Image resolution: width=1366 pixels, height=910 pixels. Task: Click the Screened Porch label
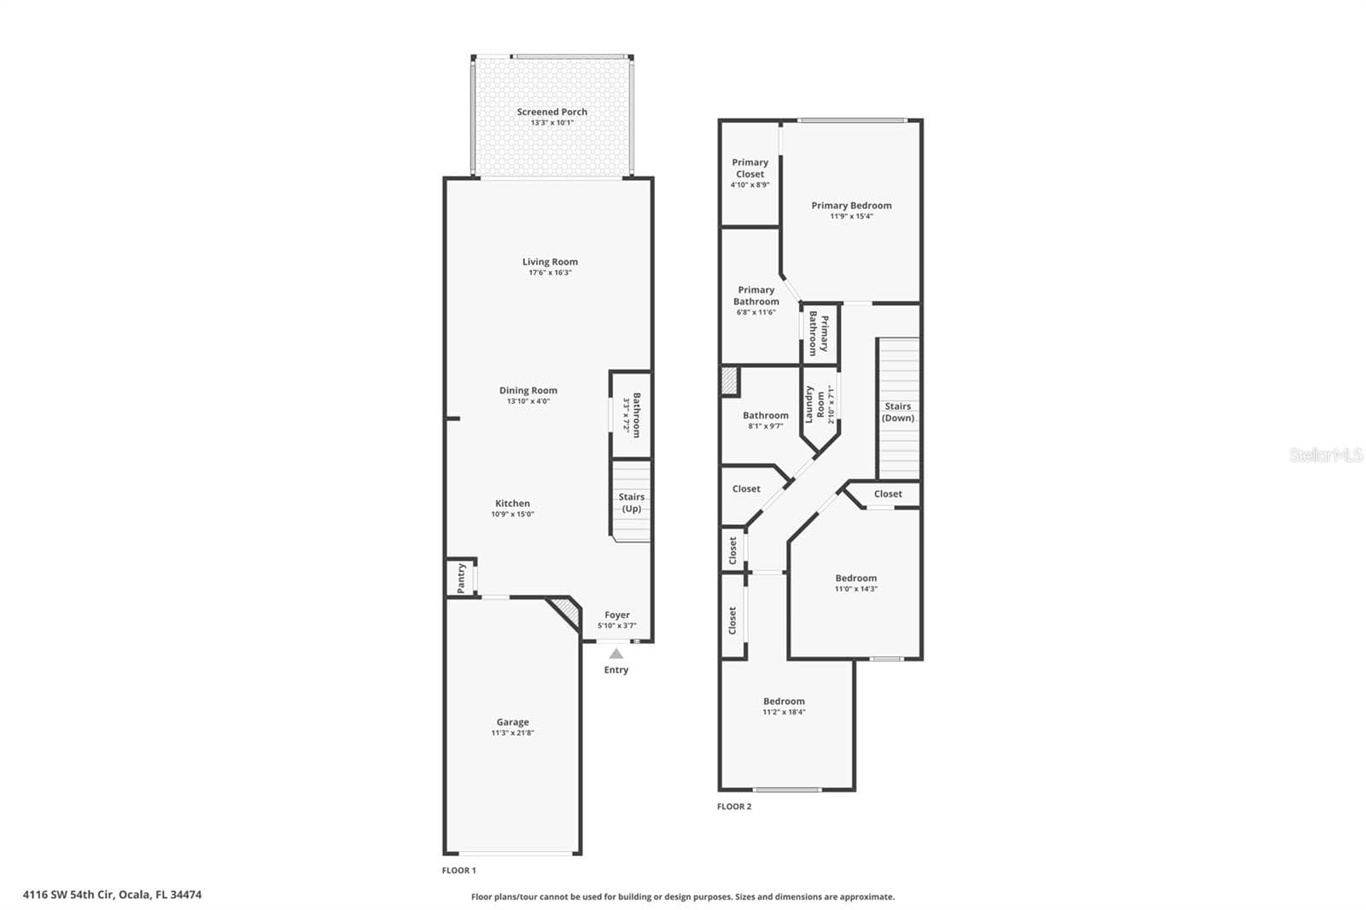(x=552, y=112)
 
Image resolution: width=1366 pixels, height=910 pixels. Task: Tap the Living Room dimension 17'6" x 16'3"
(x=550, y=272)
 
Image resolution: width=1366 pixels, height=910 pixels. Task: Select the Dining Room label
(x=528, y=390)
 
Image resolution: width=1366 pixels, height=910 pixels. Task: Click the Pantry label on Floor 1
(x=461, y=578)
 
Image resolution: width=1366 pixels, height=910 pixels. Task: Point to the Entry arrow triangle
(x=616, y=654)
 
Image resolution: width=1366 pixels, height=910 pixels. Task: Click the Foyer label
(x=617, y=615)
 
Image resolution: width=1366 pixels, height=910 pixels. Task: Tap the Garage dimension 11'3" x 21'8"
(x=513, y=733)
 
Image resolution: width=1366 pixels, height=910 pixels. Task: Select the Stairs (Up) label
(x=631, y=503)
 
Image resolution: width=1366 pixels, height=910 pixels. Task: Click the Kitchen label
(x=512, y=503)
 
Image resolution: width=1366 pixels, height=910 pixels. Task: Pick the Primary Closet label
(x=750, y=167)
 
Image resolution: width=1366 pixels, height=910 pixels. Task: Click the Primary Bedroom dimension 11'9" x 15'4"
(x=851, y=216)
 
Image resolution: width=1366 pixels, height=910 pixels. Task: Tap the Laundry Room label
(x=814, y=404)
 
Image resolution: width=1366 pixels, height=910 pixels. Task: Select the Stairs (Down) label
(x=897, y=411)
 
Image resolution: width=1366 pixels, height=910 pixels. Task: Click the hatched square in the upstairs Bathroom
(x=730, y=381)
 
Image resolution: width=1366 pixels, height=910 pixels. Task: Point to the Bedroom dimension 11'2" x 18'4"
(x=785, y=712)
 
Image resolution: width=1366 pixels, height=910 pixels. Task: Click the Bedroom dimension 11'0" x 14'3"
(x=856, y=588)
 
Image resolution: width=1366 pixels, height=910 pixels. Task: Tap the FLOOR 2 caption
(x=734, y=807)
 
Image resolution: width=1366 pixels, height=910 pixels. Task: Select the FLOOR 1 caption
(x=459, y=871)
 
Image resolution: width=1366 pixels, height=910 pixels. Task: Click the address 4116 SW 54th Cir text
(x=87, y=895)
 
